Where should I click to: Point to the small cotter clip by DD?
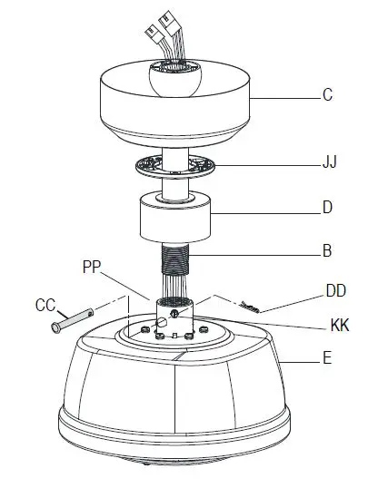pyautogui.click(x=250, y=306)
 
